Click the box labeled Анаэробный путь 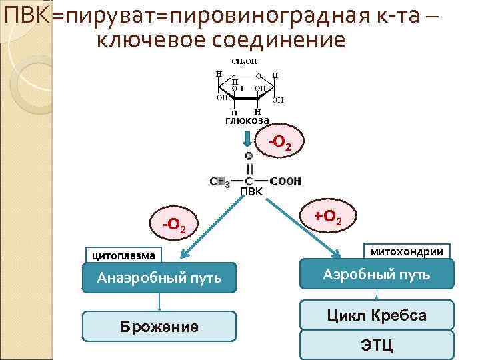coord(159,277)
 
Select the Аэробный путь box coord(377,274)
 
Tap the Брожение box coord(159,326)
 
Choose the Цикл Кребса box coord(377,315)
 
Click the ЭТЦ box coord(377,345)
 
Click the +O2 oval coord(328,217)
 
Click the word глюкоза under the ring coord(247,121)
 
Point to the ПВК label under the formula coord(251,192)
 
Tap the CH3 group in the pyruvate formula coord(220,181)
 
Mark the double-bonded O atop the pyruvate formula coord(249,155)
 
